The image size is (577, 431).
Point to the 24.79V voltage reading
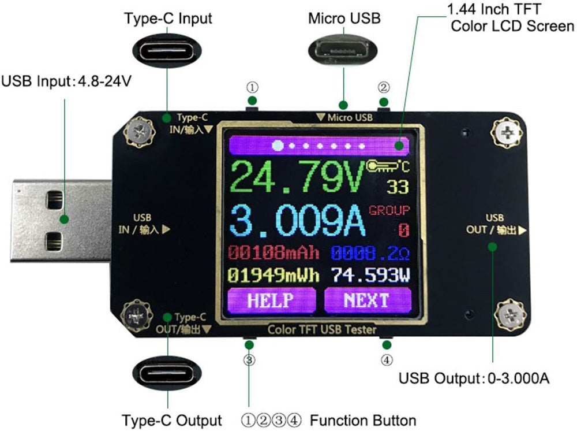297,177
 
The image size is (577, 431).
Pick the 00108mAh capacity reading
273,252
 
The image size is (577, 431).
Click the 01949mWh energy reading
273,274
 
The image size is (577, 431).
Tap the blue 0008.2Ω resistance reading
370,252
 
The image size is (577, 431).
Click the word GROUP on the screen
389,210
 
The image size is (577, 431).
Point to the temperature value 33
398,187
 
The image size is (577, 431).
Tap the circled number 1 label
252,88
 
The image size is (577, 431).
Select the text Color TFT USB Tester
322,329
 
